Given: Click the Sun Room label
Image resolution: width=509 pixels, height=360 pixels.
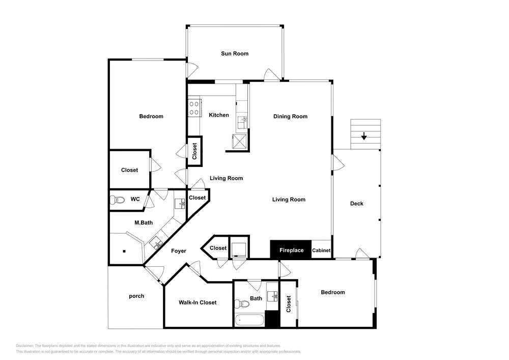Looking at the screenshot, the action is click(x=235, y=53).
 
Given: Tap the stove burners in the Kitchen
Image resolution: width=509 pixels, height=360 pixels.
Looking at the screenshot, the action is click(x=194, y=108).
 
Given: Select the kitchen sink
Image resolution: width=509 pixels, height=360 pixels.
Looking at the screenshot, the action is click(x=242, y=123).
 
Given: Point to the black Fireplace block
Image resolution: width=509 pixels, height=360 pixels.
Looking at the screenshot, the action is click(x=291, y=250).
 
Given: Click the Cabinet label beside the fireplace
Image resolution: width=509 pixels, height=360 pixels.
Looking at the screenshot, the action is click(x=321, y=251).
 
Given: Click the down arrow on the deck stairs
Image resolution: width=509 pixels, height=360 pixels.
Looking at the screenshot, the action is click(x=364, y=136).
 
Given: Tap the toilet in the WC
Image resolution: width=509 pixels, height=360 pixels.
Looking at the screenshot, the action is click(x=117, y=200).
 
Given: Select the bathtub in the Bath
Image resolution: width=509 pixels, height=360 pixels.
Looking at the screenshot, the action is click(x=249, y=320).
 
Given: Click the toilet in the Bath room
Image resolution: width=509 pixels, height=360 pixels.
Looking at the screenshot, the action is click(x=241, y=304).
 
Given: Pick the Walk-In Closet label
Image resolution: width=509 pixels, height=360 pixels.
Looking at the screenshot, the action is click(x=197, y=302).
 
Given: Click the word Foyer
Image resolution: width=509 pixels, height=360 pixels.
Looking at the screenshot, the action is click(x=179, y=251).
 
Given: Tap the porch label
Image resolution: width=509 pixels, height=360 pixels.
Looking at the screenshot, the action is click(x=136, y=296).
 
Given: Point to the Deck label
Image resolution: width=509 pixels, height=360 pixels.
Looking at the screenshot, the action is click(x=356, y=204).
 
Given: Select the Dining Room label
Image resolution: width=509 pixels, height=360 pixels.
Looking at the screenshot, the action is click(x=290, y=116).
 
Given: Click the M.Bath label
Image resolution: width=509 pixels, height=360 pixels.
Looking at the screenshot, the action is click(x=144, y=223).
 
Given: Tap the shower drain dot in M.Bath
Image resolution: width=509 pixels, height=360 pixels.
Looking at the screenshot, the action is click(x=124, y=251).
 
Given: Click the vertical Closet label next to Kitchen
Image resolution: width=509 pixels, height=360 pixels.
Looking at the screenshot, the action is click(x=194, y=151).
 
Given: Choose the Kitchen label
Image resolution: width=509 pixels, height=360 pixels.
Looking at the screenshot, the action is click(x=219, y=115).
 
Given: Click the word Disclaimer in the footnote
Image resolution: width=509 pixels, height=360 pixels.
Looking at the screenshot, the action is click(x=24, y=346).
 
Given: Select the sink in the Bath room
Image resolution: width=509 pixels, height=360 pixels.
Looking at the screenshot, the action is click(x=272, y=296).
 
